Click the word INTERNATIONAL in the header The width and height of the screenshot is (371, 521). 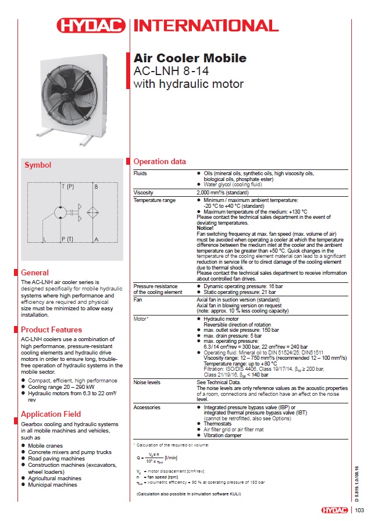(198, 25)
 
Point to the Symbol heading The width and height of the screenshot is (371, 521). (38, 165)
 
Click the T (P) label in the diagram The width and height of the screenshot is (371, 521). (68, 187)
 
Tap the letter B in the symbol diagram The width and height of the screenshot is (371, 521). (96, 187)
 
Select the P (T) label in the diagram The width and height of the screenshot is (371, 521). (68, 239)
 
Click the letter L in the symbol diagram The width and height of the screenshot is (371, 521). (44, 239)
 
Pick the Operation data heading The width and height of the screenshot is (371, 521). (160, 161)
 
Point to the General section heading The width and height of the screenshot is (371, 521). (34, 272)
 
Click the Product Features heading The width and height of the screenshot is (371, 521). (51, 330)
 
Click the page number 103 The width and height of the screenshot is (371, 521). (359, 511)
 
